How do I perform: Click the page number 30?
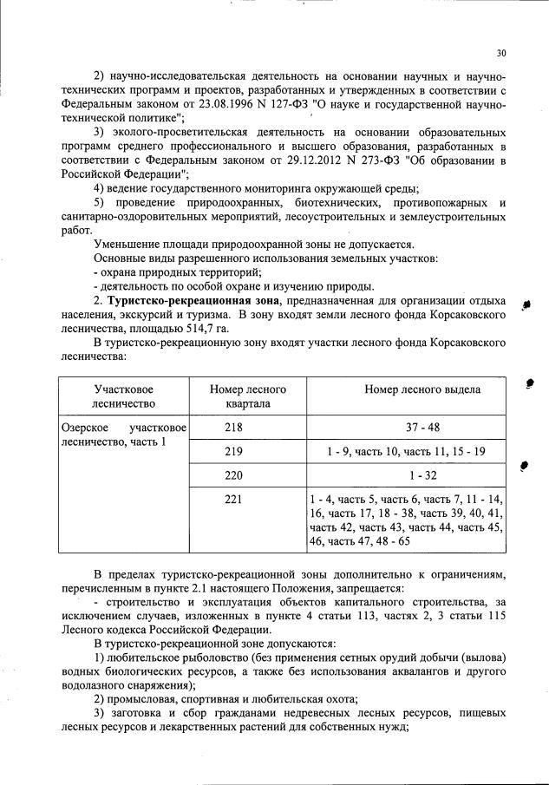pos(501,52)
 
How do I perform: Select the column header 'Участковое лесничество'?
pos(124,396)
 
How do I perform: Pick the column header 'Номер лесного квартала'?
pos(248,396)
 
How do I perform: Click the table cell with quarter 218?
pos(234,427)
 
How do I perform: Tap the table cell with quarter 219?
pos(234,451)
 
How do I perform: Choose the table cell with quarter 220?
pos(234,475)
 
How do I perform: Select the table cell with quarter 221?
pos(234,500)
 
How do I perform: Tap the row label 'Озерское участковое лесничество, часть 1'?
pos(124,435)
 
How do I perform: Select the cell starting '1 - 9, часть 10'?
pos(406,451)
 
